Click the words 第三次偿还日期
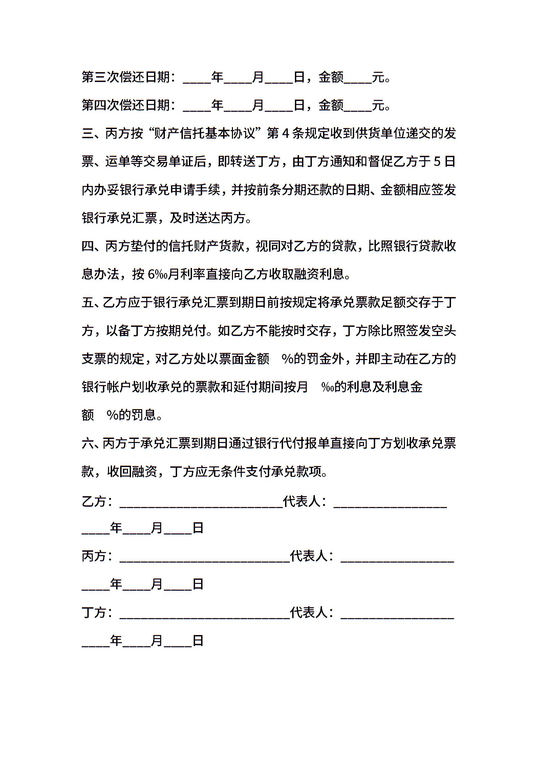click(x=126, y=78)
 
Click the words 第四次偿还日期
click(x=126, y=105)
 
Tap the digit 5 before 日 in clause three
click(x=437, y=162)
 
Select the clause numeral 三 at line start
click(x=87, y=133)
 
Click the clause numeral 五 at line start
click(x=87, y=302)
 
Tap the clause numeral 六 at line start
click(x=87, y=443)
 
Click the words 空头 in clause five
click(x=444, y=330)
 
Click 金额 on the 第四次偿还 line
click(x=331, y=105)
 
